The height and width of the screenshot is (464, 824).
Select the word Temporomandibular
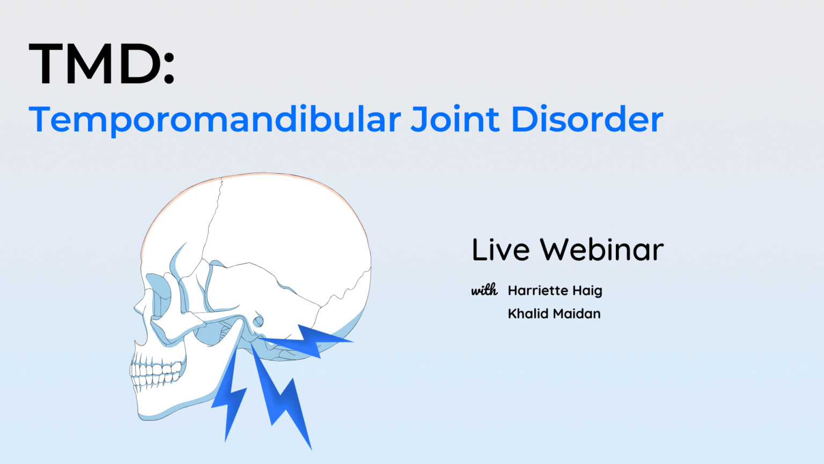[215, 119]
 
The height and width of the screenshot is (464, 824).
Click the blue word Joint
[455, 119]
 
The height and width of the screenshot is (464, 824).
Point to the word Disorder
[587, 119]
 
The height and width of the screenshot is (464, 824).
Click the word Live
[501, 250]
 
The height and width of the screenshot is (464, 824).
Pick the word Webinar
[601, 250]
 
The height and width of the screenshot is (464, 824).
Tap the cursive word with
[484, 291]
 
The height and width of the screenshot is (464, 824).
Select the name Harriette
[538, 291]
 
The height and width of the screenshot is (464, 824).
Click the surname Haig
[587, 291]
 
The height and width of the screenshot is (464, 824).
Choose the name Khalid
[527, 314]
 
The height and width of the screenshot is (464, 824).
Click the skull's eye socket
[159, 295]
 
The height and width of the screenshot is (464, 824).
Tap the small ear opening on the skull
[259, 321]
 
